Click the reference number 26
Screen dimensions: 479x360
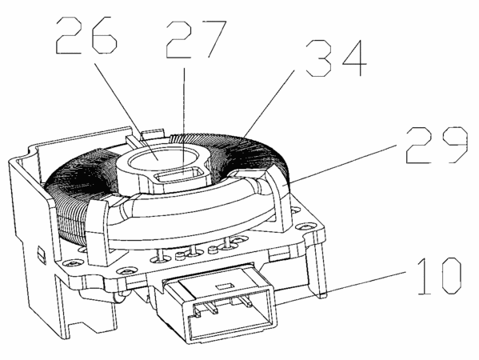coord(86,35)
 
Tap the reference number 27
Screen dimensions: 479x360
coord(196,39)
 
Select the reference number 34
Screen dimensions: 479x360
coord(336,58)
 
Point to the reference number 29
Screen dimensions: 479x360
coord(437,145)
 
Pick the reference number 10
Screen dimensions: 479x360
coord(439,276)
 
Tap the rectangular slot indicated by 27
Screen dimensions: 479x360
coord(178,176)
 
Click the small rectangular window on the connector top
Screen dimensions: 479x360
coord(225,286)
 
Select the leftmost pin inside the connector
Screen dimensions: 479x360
coord(197,311)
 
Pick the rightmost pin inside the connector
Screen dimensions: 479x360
coord(246,302)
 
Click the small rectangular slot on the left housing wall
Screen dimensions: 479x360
coord(41,253)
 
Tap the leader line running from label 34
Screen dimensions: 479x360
coord(269,103)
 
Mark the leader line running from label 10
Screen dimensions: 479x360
coord(341,288)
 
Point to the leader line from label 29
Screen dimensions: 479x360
coord(341,165)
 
